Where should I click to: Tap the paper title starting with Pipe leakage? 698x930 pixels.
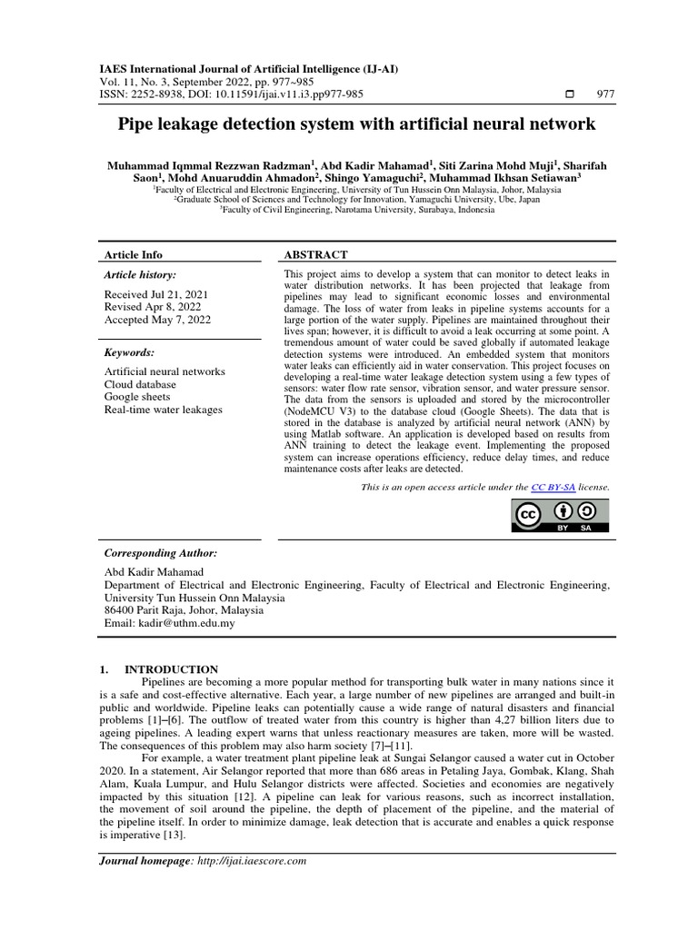356,124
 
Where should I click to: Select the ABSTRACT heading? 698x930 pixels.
315,255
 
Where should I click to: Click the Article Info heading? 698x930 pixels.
134,255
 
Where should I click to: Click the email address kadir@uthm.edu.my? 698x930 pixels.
170,623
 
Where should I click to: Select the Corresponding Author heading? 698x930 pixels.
161,553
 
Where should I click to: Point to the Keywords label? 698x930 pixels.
129,352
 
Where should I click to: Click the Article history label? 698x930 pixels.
140,274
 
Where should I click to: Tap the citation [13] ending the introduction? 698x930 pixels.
173,835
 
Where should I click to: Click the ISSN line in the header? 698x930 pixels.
231,94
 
